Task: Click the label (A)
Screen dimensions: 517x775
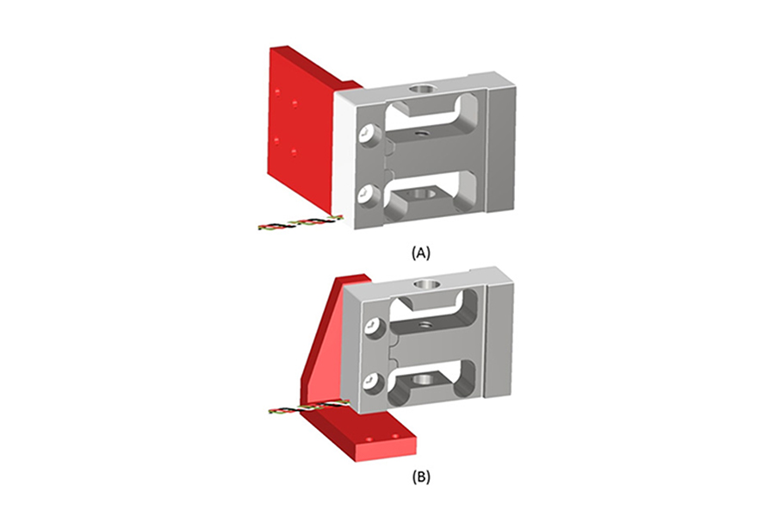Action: [x=420, y=252]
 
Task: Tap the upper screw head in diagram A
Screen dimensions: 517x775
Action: [x=369, y=134]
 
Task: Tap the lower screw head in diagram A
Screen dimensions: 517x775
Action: [x=369, y=193]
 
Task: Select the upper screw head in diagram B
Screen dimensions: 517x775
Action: [x=373, y=327]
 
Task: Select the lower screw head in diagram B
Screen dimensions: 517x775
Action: [x=373, y=380]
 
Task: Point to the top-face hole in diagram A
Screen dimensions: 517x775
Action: [x=421, y=89]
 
